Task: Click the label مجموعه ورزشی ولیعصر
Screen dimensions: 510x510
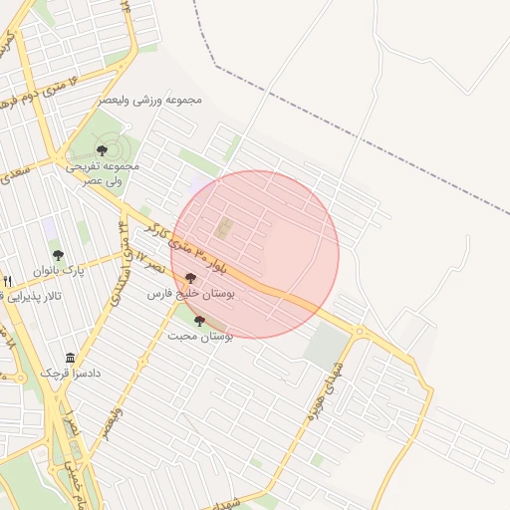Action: pos(151,101)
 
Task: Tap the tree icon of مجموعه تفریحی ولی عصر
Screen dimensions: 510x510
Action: pos(102,150)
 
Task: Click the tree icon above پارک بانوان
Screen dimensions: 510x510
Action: pos(58,255)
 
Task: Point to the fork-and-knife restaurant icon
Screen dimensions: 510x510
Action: pos(8,282)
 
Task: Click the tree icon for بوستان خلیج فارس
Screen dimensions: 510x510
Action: pos(190,279)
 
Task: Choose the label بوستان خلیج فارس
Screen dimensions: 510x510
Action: pos(191,295)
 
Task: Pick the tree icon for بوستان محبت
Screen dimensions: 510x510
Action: pos(199,321)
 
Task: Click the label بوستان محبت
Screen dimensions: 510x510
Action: pos(202,337)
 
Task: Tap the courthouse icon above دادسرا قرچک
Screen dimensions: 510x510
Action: pos(70,358)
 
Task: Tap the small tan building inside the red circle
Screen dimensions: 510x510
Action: pos(223,228)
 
